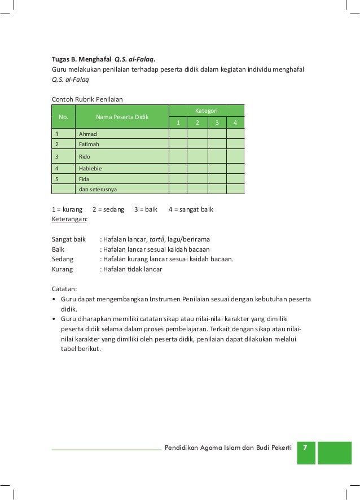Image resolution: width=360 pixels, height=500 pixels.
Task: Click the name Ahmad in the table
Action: click(87, 134)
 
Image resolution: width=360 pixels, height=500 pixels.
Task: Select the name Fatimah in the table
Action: click(89, 144)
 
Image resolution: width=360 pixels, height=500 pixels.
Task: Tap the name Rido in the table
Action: click(85, 156)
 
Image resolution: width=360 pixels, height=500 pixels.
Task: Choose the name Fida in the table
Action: click(85, 178)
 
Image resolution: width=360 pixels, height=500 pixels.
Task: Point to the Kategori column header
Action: click(207, 110)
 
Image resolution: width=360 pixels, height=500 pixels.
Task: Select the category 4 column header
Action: click(235, 122)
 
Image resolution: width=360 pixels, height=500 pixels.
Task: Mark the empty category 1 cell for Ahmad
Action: click(178, 134)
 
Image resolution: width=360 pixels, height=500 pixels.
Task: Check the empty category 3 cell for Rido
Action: click(217, 156)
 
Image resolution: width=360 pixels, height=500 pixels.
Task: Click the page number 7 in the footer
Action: click(305, 448)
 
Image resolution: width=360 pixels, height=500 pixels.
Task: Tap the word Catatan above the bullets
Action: click(64, 289)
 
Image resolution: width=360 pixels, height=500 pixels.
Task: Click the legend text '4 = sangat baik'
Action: click(191, 209)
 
